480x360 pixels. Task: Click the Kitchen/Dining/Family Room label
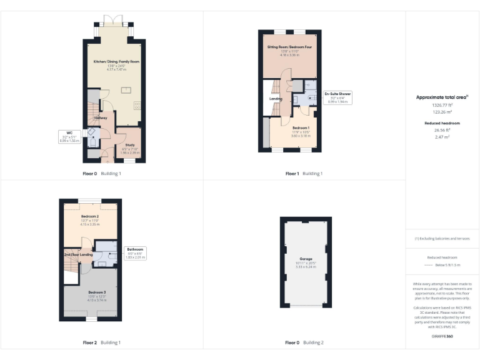coord(117,62)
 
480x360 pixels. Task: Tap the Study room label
coord(131,145)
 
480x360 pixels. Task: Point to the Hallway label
coord(101,118)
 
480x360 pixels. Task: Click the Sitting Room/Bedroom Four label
coord(289,47)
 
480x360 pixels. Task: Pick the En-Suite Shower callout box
coord(338,96)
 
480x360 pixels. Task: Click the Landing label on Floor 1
coord(276,99)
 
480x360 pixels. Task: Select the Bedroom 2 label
coord(91,217)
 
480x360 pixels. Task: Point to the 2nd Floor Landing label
coord(78,254)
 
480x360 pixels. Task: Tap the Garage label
coord(306,258)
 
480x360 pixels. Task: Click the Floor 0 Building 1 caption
coord(102,173)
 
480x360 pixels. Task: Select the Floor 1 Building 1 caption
coord(304,173)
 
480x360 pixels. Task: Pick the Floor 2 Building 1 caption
coord(102,342)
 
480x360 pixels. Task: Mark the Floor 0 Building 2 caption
coord(304,342)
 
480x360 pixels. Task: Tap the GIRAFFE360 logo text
coord(442,337)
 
